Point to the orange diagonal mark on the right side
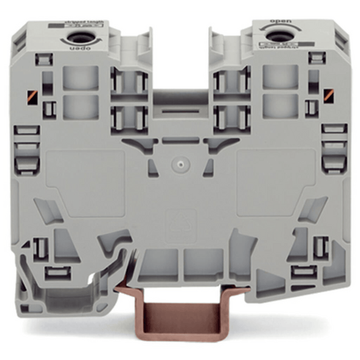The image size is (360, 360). click(x=330, y=95)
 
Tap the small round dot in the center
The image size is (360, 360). click(x=180, y=163)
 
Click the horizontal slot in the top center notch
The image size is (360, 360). click(x=180, y=105)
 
